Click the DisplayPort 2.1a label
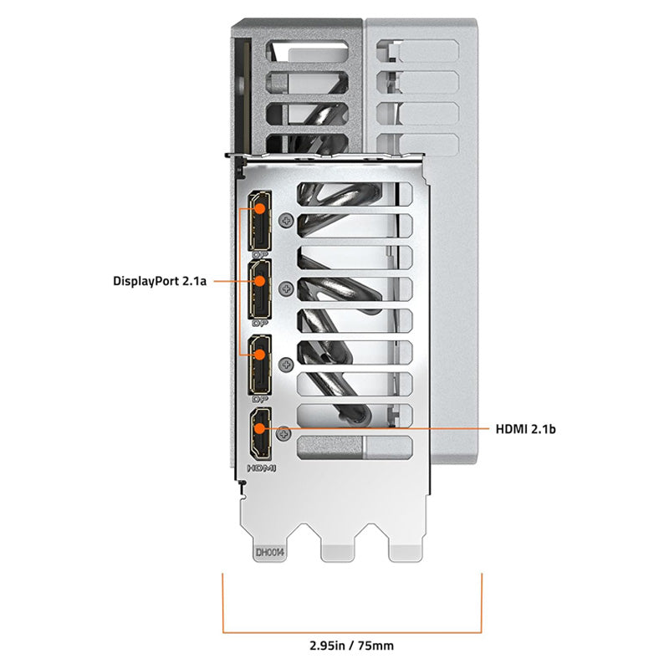159,282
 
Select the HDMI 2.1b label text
526,429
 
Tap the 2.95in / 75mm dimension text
352,646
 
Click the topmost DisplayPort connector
260,222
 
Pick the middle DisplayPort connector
260,293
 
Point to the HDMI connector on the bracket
260,432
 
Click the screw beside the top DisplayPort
289,221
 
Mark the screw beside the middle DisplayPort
289,289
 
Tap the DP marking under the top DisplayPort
260,253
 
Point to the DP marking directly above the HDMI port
260,398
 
